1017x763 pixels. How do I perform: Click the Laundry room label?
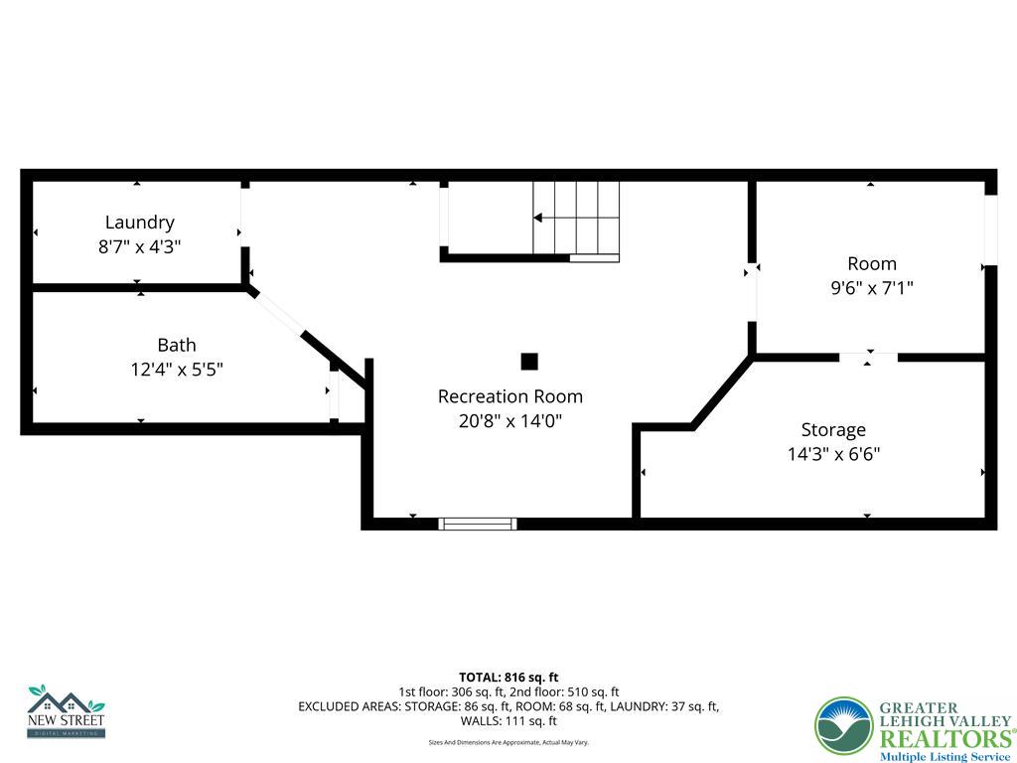(140, 223)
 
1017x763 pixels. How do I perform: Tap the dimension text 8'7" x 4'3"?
(140, 246)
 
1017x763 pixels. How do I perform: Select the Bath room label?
(177, 345)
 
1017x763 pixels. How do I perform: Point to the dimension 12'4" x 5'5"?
(177, 370)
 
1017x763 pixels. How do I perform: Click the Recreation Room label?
(510, 395)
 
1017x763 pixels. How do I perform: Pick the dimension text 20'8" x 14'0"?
(510, 420)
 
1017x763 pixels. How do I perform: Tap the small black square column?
(529, 362)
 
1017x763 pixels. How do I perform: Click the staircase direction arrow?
(538, 218)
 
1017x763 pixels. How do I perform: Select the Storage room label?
(833, 429)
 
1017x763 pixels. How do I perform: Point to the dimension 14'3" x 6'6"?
(833, 454)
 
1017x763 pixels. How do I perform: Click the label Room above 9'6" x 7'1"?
(872, 263)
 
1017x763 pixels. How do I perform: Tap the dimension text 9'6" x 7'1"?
(872, 288)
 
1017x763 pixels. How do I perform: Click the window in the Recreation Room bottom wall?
(478, 524)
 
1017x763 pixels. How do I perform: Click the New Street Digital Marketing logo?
(66, 711)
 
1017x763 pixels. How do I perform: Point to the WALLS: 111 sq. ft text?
(508, 721)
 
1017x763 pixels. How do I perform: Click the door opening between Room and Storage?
(868, 357)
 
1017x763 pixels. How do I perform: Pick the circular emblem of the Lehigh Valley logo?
(843, 726)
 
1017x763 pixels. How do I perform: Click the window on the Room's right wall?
(990, 230)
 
